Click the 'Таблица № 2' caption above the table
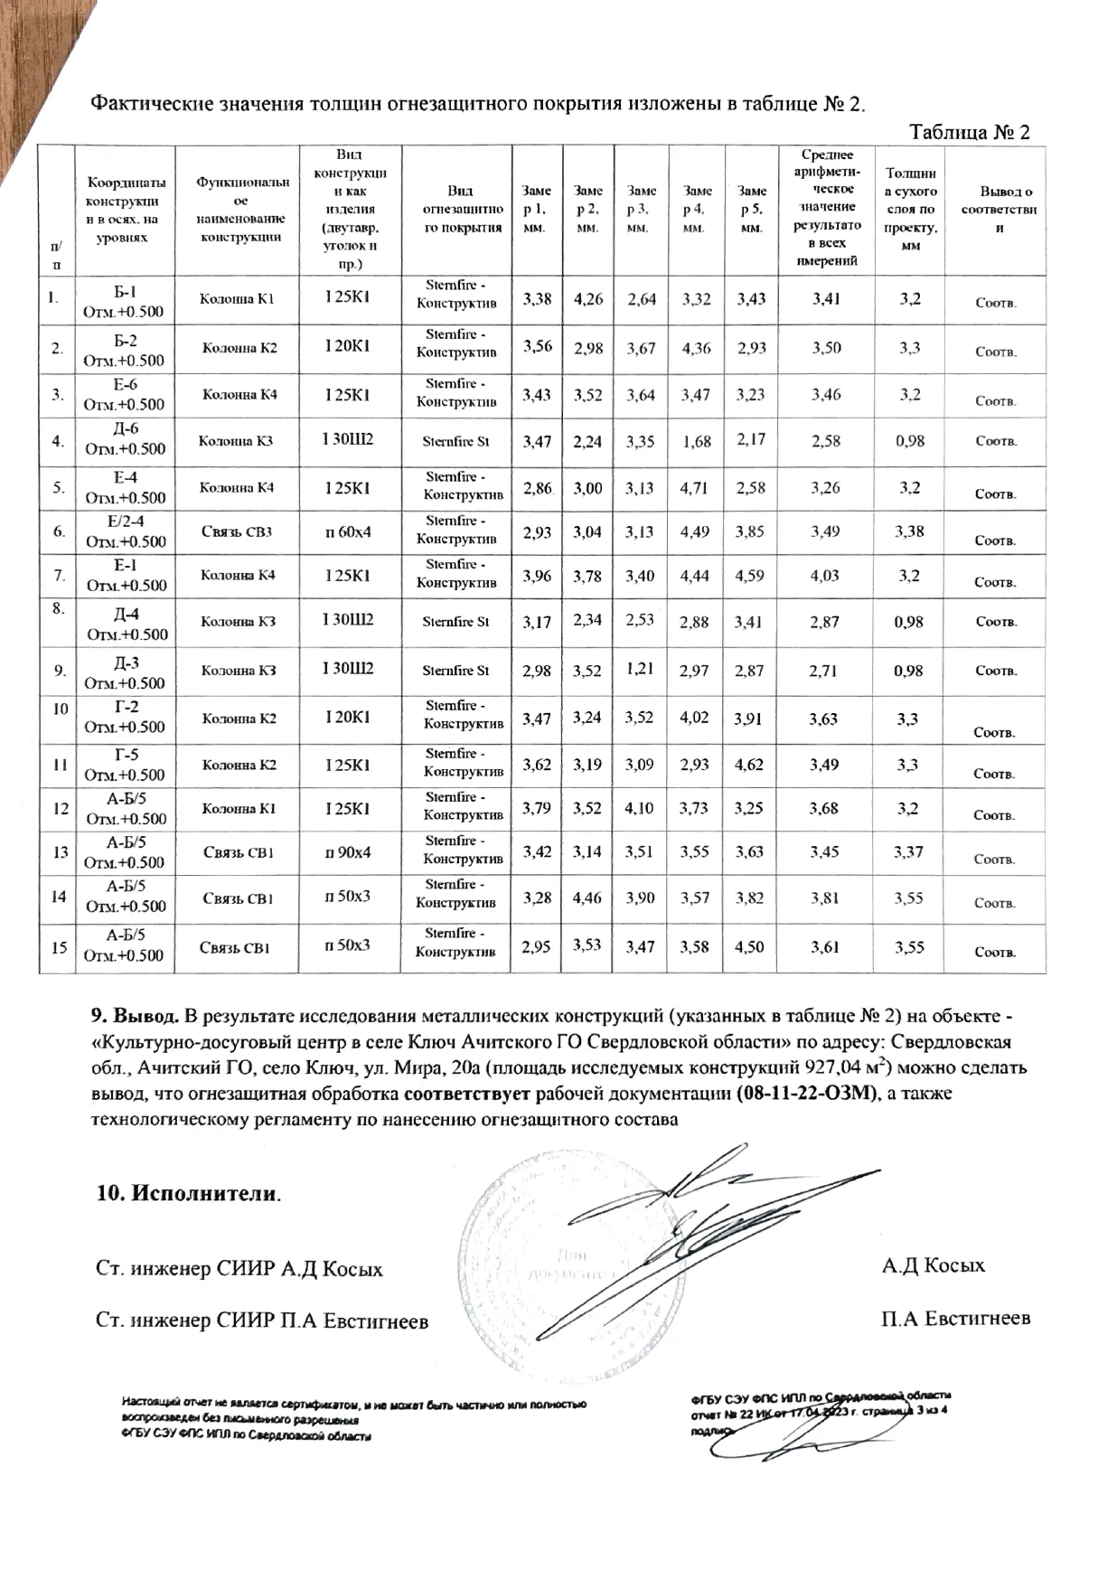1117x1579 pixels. (x=970, y=132)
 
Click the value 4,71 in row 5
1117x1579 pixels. (x=696, y=488)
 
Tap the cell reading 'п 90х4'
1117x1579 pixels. (x=348, y=851)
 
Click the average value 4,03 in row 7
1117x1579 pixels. (x=824, y=575)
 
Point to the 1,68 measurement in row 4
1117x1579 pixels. (x=697, y=442)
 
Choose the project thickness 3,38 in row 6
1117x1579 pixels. (x=909, y=531)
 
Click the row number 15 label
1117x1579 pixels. (x=60, y=947)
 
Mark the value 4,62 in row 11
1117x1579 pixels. (x=749, y=765)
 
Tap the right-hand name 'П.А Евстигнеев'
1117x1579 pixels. (x=955, y=1319)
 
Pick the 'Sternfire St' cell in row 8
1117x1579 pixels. (x=455, y=622)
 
